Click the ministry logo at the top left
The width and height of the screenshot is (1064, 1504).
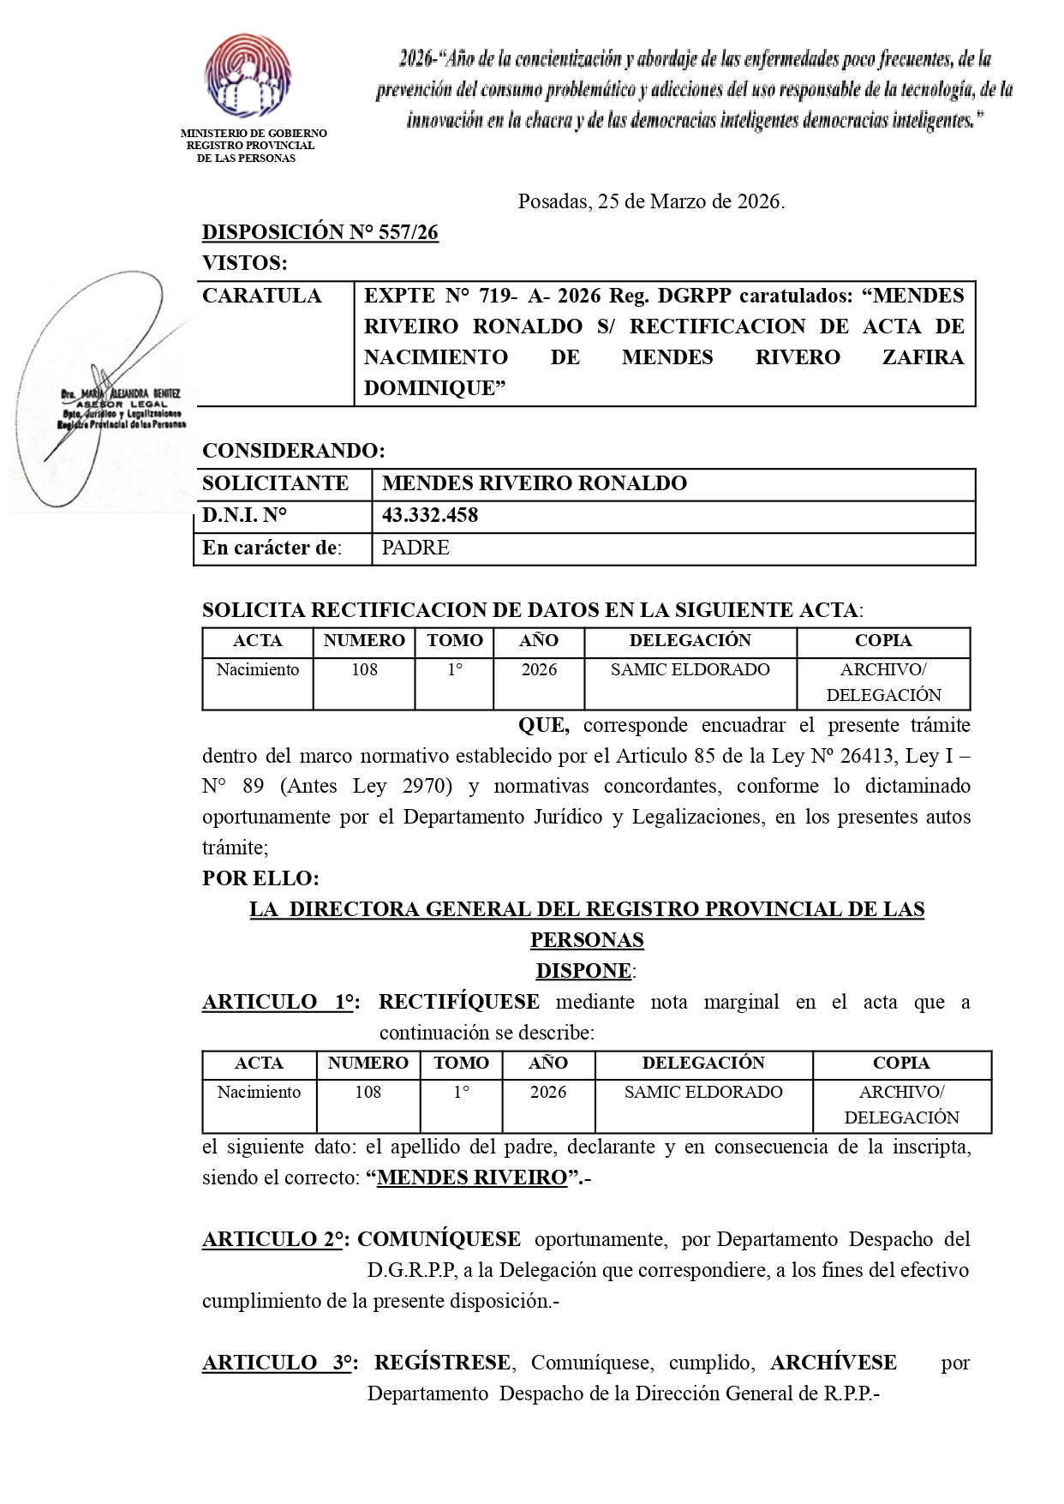[248, 77]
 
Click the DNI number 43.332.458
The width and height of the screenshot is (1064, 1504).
[430, 515]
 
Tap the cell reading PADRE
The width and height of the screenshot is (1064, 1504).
[415, 548]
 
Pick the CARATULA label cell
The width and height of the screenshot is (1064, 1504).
[262, 296]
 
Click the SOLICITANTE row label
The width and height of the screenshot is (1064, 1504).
[275, 483]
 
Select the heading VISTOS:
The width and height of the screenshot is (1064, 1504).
[245, 263]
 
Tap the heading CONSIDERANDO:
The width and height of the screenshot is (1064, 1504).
[294, 451]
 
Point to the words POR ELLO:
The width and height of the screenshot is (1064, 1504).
[260, 878]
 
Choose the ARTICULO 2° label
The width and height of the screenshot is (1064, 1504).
[273, 1239]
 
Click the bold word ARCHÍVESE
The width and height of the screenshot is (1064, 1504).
[833, 1363]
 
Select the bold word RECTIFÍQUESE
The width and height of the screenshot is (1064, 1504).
[459, 1002]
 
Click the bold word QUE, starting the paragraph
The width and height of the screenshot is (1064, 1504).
[543, 725]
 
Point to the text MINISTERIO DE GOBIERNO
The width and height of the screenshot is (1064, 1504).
[254, 134]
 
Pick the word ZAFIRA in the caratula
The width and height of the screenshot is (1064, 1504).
[923, 357]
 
